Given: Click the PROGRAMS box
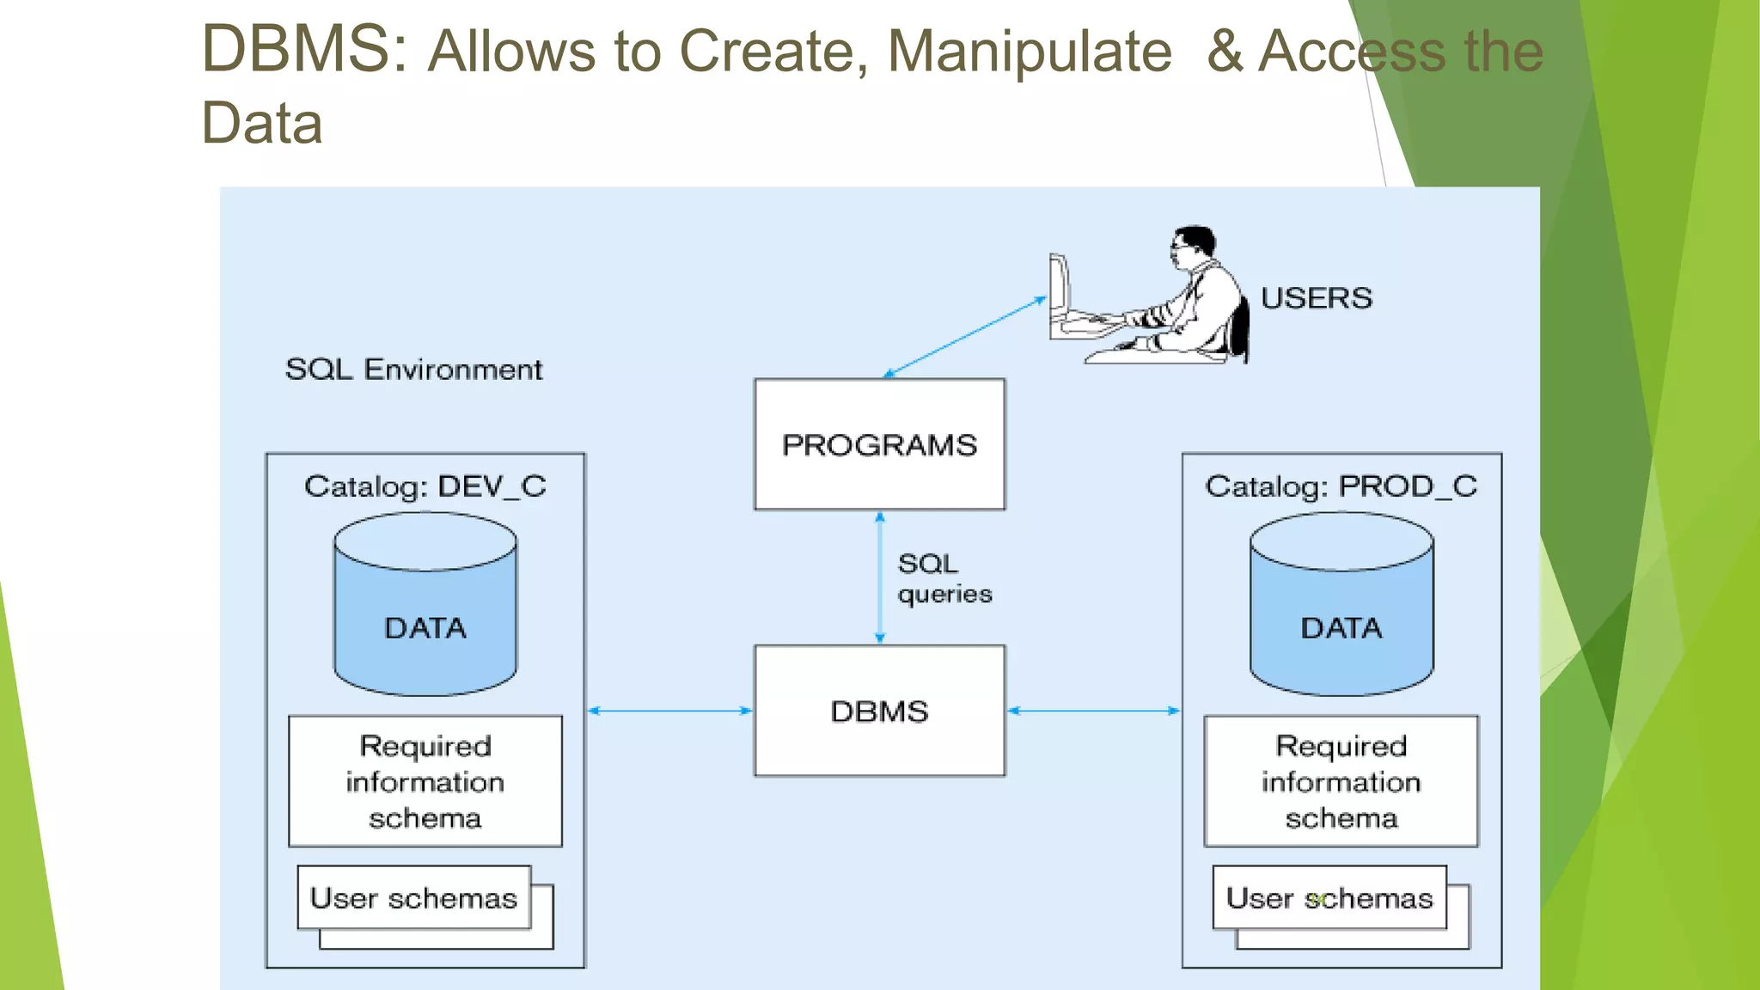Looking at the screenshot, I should point(879,444).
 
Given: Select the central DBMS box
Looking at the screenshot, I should point(879,711).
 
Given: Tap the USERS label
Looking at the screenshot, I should point(1316,298).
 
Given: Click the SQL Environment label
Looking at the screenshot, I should point(413,370).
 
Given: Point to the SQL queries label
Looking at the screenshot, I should point(943,578).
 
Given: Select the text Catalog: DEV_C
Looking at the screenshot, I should point(425,486).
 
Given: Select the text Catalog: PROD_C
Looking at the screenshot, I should point(1341,486).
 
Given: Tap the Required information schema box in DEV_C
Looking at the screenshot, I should point(425,781).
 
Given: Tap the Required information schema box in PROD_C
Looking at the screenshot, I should point(1341,781).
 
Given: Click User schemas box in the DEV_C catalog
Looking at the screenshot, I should point(413,898).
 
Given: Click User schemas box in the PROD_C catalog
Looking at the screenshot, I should point(1329,898).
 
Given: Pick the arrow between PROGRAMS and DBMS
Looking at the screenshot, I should point(879,577).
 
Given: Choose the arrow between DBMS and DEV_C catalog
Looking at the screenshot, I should point(669,711).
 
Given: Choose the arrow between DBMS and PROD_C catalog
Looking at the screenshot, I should point(1093,711).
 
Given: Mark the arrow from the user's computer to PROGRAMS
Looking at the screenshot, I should point(964,337).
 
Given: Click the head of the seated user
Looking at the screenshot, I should point(1193,245).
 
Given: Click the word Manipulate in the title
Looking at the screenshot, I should point(1029,52).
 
